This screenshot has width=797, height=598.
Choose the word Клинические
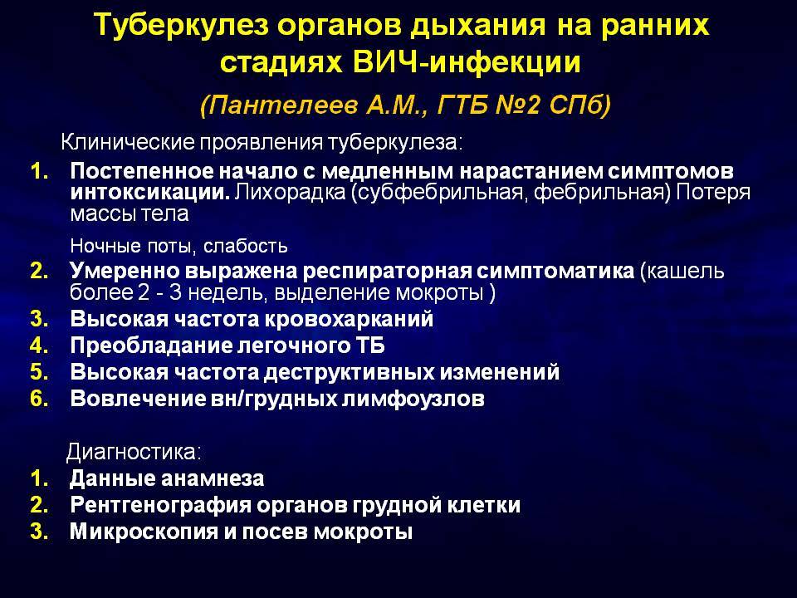pyautogui.click(x=128, y=142)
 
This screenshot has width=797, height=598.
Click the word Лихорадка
pyautogui.click(x=290, y=193)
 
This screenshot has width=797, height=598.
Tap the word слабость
pyautogui.click(x=246, y=246)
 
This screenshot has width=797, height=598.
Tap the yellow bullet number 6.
pyautogui.click(x=40, y=399)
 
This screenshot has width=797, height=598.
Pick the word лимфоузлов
pyautogui.click(x=413, y=399)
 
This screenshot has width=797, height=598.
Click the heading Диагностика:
pyautogui.click(x=134, y=452)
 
